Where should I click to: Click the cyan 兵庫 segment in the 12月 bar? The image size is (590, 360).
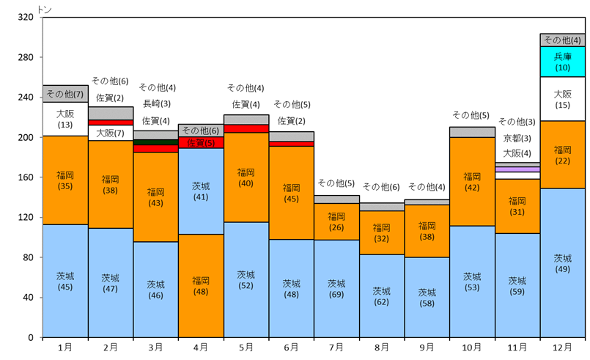click(562, 62)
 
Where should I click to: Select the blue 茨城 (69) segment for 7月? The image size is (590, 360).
click(336, 288)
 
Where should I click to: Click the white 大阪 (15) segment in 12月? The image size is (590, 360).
click(562, 99)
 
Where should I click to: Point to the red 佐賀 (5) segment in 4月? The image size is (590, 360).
click(201, 143)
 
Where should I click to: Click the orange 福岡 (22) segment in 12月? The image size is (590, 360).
click(562, 155)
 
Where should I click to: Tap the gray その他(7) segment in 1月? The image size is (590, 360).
click(65, 94)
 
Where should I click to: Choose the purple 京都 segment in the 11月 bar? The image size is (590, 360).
click(517, 169)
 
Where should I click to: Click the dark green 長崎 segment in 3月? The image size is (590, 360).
click(155, 142)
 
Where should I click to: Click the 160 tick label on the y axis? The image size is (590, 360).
click(26, 177)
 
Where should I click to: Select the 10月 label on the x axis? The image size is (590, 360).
click(472, 347)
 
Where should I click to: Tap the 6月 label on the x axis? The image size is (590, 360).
click(291, 347)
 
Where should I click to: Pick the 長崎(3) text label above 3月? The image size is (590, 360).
click(156, 104)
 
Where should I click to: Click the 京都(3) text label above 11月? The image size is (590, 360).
click(517, 138)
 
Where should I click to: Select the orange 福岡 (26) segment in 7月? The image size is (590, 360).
click(336, 221)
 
